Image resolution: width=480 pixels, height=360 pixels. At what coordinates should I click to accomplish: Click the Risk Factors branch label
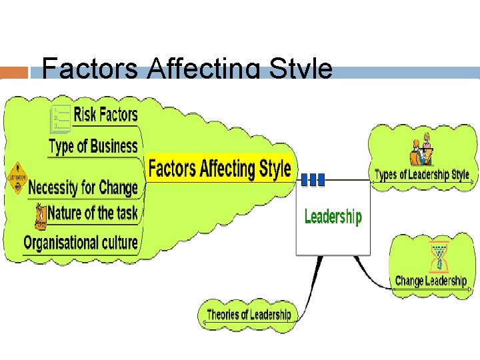point(105,115)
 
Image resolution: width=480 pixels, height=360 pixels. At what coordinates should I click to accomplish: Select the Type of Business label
point(93,146)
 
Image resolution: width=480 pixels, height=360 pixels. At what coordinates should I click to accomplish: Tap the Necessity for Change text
point(83,187)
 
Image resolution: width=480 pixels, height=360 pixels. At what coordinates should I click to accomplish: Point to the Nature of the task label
point(93,213)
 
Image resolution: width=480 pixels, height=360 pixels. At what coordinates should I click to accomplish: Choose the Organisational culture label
point(81,243)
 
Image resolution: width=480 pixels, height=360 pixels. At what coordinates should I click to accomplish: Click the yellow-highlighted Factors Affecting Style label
point(219,168)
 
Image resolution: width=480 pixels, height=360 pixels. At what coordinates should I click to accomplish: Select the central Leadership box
point(333,217)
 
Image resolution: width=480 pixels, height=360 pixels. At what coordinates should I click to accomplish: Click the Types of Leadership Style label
point(422,175)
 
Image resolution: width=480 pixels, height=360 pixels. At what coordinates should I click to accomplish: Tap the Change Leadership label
point(430,281)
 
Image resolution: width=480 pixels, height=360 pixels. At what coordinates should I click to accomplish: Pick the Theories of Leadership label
point(249,315)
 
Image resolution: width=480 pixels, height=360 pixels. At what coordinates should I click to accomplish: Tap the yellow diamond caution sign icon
point(15,177)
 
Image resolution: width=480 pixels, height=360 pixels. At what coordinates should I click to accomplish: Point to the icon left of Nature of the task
point(41,213)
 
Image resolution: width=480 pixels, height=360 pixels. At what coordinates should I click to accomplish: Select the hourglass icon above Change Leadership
point(438,257)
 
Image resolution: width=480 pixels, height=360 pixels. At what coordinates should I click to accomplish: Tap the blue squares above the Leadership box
point(313,179)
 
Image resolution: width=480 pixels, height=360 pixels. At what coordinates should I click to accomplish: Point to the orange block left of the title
point(15,72)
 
